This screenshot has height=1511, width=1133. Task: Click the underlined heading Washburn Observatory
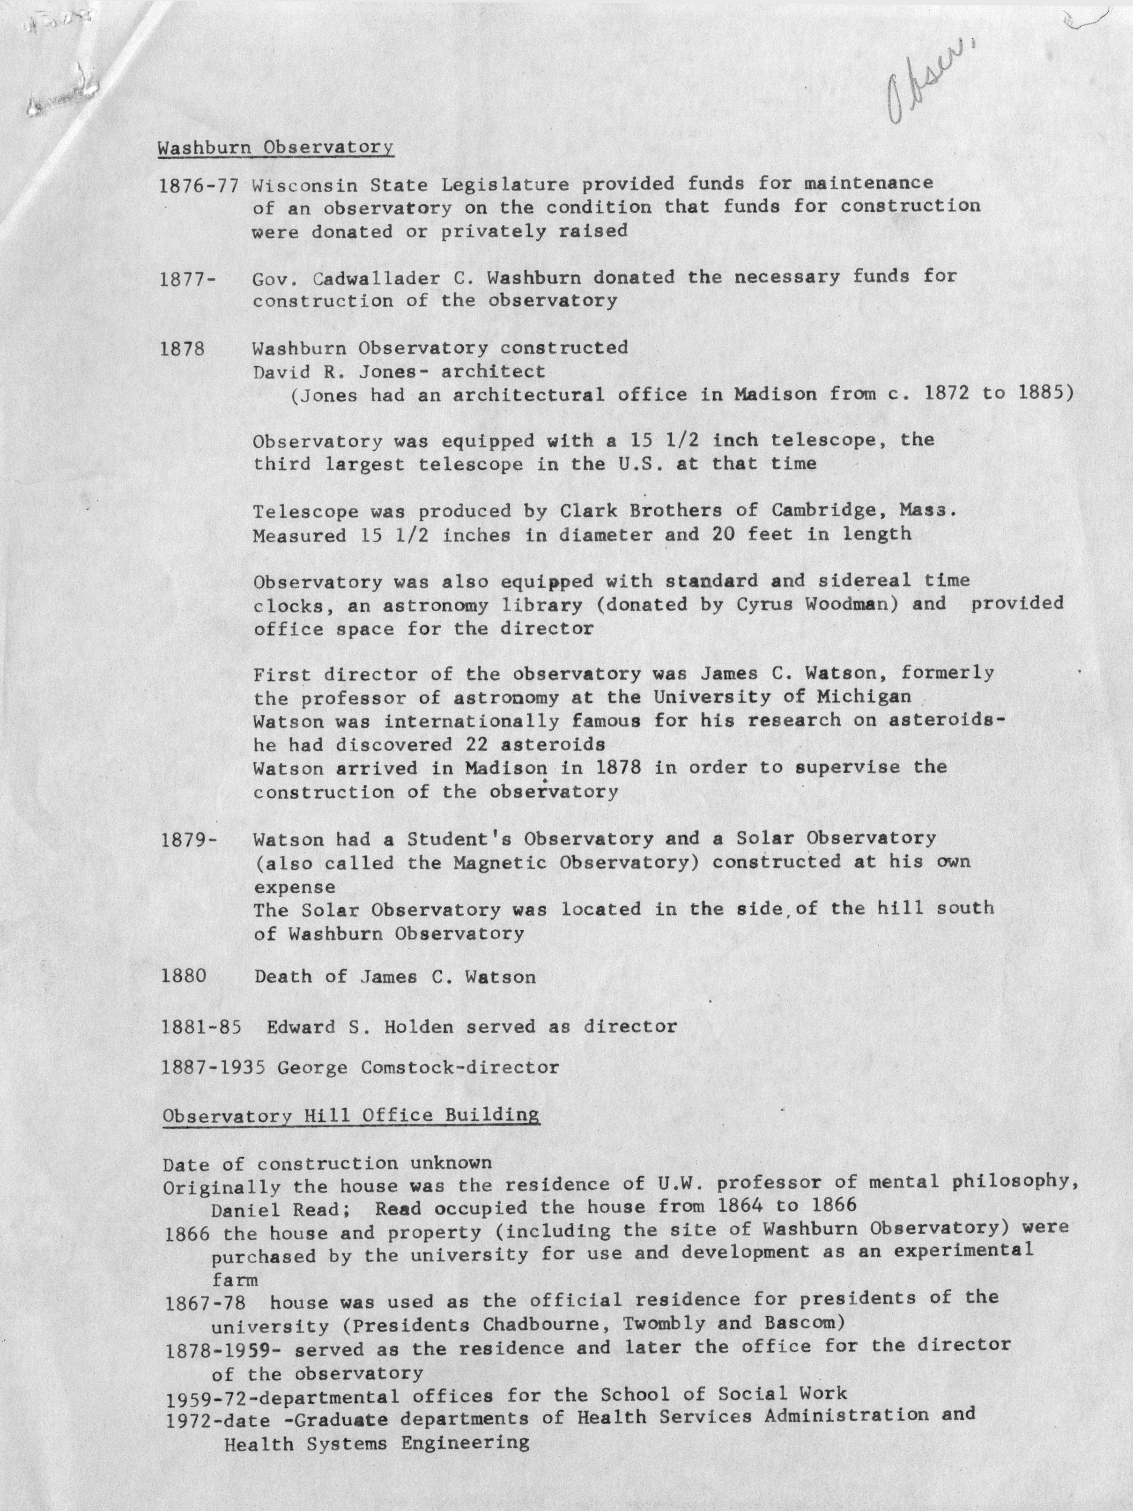point(275,148)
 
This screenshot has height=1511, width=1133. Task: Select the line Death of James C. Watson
point(395,977)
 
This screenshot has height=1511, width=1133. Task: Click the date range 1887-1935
point(213,1067)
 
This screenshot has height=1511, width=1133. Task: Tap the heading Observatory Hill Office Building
point(350,1116)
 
